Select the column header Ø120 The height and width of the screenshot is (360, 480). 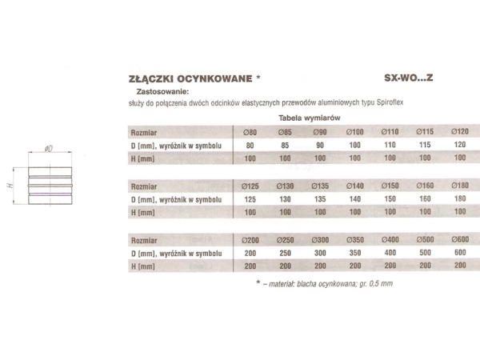tap(460, 131)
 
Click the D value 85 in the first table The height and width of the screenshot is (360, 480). tap(283, 146)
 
